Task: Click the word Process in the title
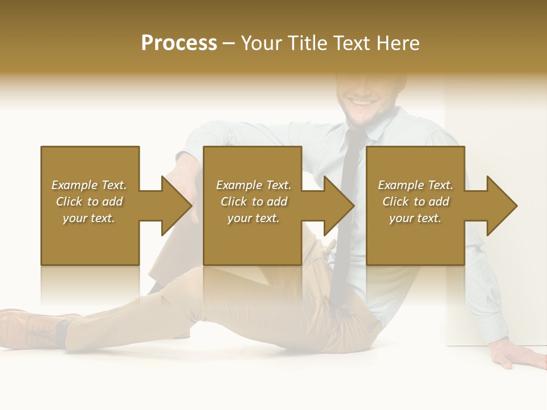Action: click(x=179, y=43)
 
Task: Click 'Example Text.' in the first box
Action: click(x=89, y=185)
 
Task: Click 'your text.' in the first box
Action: click(x=89, y=218)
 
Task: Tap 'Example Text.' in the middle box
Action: click(x=254, y=185)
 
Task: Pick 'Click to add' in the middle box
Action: click(x=254, y=202)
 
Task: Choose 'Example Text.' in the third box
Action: click(x=415, y=185)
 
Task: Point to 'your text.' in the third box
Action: click(x=415, y=218)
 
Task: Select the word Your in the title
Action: click(x=261, y=43)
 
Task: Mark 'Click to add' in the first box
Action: click(x=89, y=202)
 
